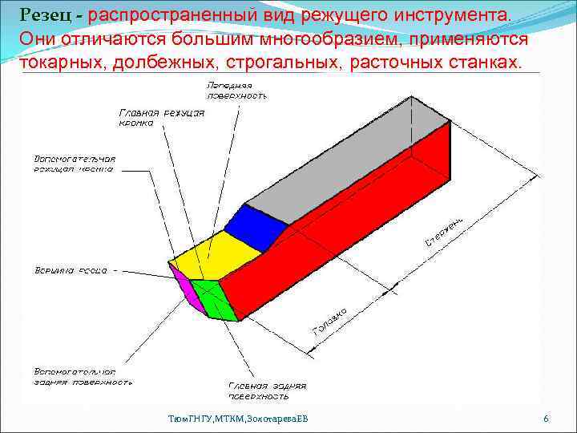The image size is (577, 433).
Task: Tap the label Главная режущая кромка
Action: (x=161, y=119)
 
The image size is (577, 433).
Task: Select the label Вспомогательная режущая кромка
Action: (x=75, y=164)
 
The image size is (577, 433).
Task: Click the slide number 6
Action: (x=546, y=419)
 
